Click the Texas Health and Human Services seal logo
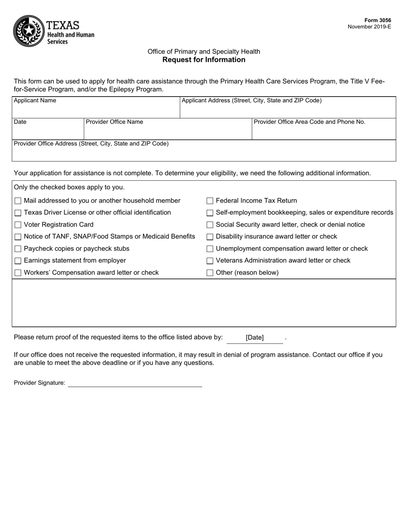pos(29,31)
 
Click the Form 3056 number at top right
pos(378,20)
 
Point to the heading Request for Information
pos(204,60)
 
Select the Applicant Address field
pos(287,110)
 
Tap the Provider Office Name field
pos(167,131)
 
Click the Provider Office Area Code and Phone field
pos(323,132)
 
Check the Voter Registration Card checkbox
pos(18,225)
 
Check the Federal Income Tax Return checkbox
pos(210,201)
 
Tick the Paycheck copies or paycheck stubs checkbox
pos(18,249)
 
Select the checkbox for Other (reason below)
pos(210,273)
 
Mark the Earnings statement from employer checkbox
pos(18,261)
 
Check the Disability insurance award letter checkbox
pos(210,237)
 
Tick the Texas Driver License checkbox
pos(18,213)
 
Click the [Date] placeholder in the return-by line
pos(255,338)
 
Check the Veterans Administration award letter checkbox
pos(210,261)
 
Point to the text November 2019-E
pos(369,27)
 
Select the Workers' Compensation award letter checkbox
pos(18,273)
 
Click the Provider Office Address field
pos(204,153)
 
